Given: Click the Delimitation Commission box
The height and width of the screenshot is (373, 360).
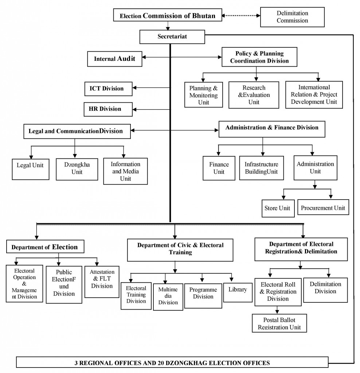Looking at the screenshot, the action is [x=292, y=17].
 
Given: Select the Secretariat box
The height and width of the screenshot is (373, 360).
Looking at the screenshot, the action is [x=172, y=37].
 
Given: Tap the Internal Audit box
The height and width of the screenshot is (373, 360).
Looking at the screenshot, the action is [x=114, y=59].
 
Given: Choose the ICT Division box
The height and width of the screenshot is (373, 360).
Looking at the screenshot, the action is [x=108, y=89].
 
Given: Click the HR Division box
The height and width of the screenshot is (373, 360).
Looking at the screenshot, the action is [x=108, y=109].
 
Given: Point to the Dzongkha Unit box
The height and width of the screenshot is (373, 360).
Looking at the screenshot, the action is [x=77, y=169].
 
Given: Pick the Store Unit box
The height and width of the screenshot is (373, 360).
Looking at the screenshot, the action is [x=278, y=208].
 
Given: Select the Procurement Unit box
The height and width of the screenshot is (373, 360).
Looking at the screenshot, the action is [x=323, y=207].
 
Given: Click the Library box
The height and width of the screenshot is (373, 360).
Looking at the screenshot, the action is [x=238, y=292].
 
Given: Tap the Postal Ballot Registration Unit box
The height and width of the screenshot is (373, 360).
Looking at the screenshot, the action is [x=279, y=323].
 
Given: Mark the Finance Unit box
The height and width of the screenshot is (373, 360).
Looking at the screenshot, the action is [x=219, y=168].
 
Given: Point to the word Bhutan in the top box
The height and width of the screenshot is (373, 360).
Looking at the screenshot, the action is [x=204, y=16].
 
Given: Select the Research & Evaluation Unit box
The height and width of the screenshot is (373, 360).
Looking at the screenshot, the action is [x=254, y=95].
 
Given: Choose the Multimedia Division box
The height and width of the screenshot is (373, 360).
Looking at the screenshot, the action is [x=168, y=297].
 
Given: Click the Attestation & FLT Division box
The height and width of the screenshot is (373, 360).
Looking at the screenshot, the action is [x=102, y=282].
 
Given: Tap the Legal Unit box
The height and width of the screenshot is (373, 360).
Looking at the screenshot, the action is [x=31, y=169].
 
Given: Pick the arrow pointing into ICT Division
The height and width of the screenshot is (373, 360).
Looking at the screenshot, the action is [x=151, y=88].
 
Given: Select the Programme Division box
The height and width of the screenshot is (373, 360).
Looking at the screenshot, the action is [x=203, y=296].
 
